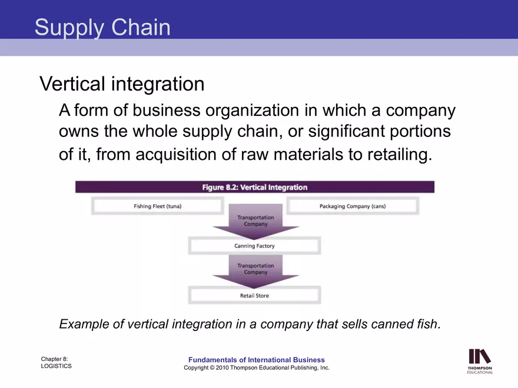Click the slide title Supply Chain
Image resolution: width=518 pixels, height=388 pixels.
(x=102, y=27)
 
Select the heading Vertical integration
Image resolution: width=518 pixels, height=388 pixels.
(x=122, y=84)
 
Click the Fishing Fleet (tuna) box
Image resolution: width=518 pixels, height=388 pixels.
(x=157, y=206)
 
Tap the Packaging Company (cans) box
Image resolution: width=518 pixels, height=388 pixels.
(x=352, y=206)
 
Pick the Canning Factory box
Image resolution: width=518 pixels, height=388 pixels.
(x=254, y=246)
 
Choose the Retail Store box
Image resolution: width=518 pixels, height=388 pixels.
(x=254, y=295)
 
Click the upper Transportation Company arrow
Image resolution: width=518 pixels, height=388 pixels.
(x=255, y=221)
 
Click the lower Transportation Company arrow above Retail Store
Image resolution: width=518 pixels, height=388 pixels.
(x=255, y=269)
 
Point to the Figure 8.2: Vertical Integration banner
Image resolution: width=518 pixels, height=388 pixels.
(x=254, y=187)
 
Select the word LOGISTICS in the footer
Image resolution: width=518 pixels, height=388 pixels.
(x=57, y=366)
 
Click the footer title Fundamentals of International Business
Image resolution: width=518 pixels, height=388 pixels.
(x=256, y=360)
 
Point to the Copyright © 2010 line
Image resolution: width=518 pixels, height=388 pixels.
(x=256, y=368)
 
